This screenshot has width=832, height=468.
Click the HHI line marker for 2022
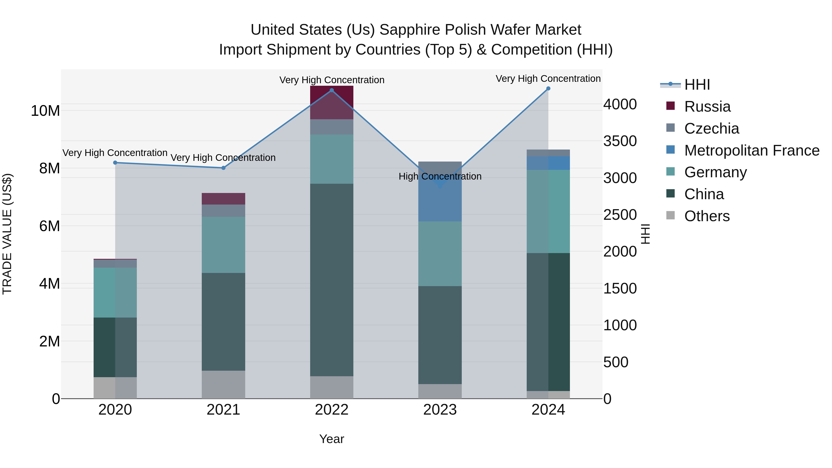point(331,90)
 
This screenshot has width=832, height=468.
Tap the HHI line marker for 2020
point(115,163)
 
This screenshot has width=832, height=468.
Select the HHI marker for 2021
point(223,168)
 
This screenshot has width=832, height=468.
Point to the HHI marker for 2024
point(548,89)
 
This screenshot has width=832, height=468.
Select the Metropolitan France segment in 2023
point(440,200)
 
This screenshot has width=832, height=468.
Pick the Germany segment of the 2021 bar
point(223,245)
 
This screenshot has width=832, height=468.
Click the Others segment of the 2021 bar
point(223,384)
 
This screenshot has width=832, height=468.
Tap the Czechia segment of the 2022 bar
point(331,127)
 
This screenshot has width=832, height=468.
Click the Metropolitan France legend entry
point(752,150)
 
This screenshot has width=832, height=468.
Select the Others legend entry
point(707,216)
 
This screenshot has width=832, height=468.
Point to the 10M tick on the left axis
point(45,111)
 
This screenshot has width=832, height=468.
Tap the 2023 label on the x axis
point(440,410)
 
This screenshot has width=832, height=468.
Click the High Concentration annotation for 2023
point(440,176)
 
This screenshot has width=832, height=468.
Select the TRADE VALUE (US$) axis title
point(7,234)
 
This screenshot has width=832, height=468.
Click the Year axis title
point(331,439)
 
